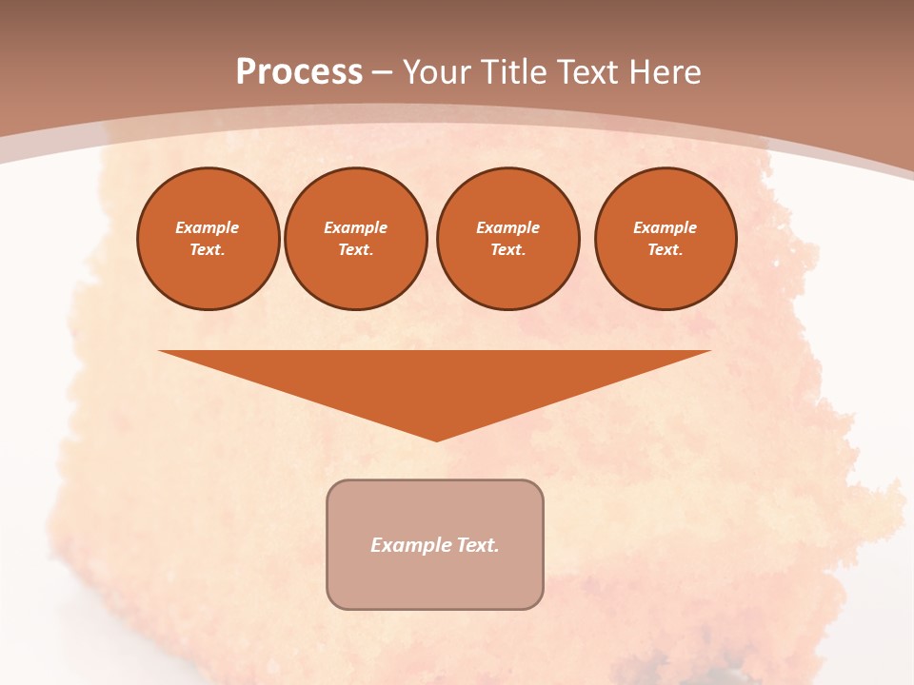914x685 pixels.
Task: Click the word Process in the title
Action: pos(299,72)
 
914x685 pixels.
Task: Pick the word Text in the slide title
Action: pos(589,72)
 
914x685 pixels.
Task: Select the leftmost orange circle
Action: pos(209,239)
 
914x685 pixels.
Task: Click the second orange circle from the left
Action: pos(356,239)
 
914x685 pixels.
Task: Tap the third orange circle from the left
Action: pos(507,239)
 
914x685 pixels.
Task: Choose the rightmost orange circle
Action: pos(666,239)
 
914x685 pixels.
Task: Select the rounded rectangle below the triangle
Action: pos(435,544)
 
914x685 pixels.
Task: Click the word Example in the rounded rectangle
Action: pos(410,545)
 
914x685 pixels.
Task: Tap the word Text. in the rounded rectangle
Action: pos(477,545)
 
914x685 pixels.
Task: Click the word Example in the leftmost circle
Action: pos(208,228)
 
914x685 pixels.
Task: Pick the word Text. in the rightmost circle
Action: pos(666,250)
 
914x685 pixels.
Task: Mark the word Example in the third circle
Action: pos(508,228)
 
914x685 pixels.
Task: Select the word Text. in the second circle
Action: pos(356,250)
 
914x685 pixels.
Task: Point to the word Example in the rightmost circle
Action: pos(666,228)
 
